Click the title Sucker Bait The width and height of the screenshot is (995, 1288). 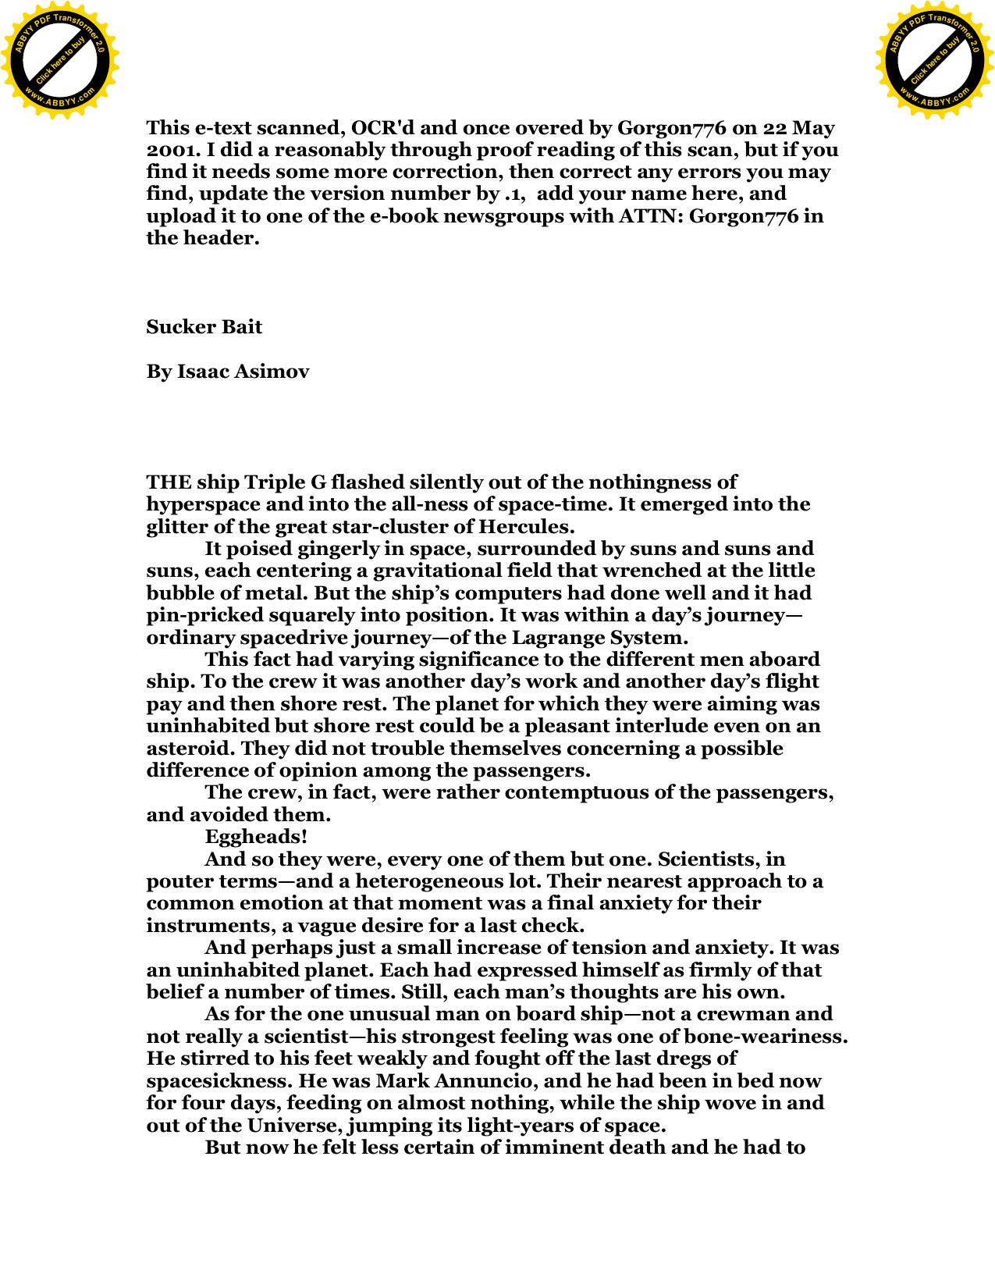[x=204, y=326]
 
